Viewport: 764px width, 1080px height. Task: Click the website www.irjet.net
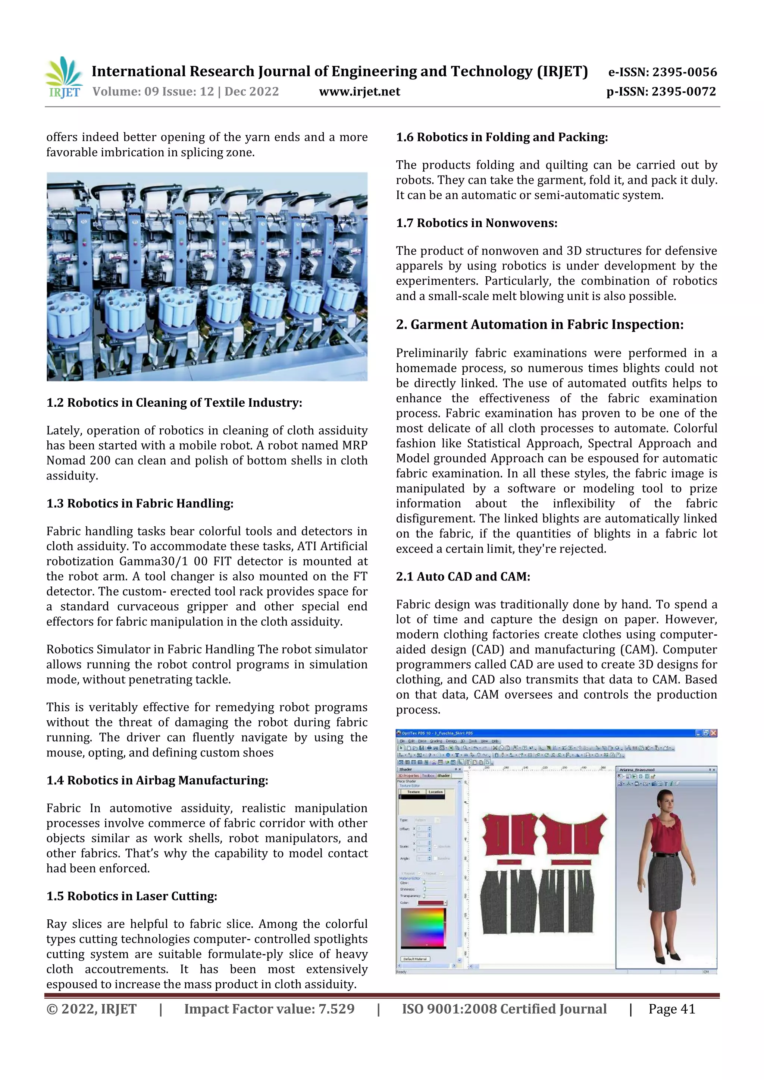tap(359, 92)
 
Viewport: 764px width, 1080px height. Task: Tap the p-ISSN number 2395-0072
tap(683, 92)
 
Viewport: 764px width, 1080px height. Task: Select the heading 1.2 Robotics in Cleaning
tap(174, 403)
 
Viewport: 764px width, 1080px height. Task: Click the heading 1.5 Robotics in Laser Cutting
tap(131, 896)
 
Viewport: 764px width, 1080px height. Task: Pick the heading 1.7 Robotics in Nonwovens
tap(476, 223)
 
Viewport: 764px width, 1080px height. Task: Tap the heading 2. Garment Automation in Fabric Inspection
tap(539, 325)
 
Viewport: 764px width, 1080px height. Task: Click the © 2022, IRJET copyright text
tap(91, 1009)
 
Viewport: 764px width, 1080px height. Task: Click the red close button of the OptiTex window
tap(713, 733)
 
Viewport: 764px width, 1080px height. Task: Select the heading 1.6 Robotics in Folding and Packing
tap(501, 137)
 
